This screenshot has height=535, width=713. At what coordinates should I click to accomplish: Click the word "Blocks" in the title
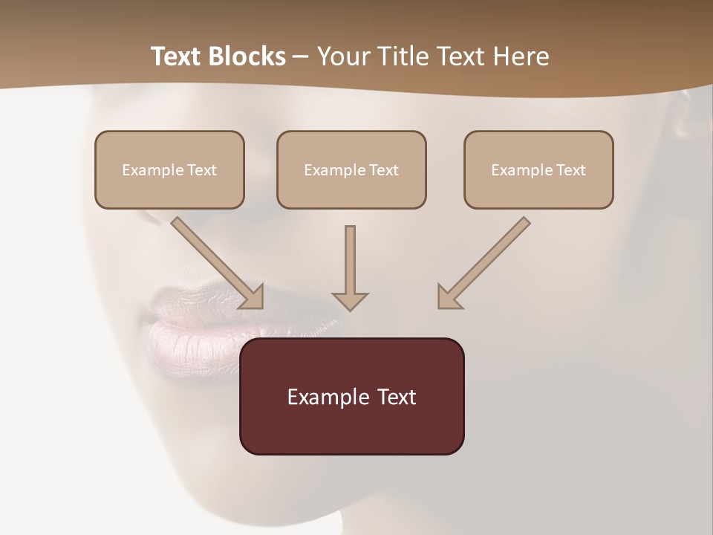249,56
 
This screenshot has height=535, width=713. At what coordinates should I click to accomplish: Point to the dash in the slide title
301,57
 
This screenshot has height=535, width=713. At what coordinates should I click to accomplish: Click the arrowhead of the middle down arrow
350,301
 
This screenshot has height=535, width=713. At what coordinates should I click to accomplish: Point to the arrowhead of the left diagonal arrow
253,297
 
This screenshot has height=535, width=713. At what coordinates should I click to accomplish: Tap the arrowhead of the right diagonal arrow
449,297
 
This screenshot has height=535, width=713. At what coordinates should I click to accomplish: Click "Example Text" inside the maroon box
352,397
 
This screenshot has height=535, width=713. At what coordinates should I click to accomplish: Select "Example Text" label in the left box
169,170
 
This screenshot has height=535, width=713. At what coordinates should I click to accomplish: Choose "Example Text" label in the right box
538,170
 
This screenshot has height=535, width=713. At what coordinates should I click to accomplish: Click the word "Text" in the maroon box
397,397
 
